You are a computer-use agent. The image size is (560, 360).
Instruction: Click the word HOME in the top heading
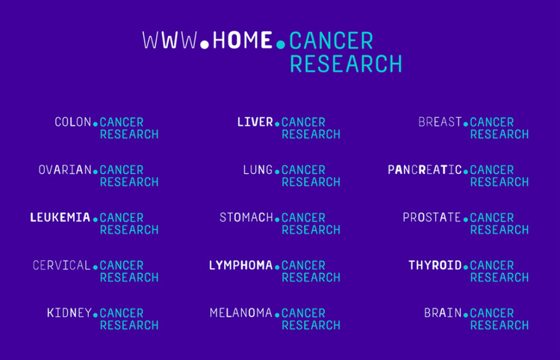tap(242, 40)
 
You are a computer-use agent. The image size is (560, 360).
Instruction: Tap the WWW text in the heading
tap(169, 40)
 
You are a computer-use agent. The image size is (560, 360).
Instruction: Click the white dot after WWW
tap(205, 45)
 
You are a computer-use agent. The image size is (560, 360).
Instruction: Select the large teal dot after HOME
tap(281, 45)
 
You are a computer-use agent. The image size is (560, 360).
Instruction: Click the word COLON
tap(73, 122)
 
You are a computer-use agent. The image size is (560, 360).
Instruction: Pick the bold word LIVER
tap(255, 122)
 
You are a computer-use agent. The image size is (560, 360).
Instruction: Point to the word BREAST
tap(440, 122)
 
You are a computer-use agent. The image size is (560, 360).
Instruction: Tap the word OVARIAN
tap(65, 170)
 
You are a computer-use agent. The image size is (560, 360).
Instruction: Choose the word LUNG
tap(258, 170)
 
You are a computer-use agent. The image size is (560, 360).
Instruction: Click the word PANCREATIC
tap(425, 170)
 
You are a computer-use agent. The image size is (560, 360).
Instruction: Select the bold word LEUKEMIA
tap(60, 217)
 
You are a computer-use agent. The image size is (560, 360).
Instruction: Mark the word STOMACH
tap(246, 217)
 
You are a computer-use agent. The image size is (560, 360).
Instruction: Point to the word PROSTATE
tap(432, 217)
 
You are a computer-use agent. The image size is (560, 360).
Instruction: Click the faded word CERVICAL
tap(61, 265)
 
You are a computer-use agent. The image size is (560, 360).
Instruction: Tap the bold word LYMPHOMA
tap(240, 265)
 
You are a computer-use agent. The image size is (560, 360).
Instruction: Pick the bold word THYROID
tap(435, 265)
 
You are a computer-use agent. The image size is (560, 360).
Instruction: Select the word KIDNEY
tap(69, 313)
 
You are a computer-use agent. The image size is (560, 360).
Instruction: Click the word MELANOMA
tap(241, 313)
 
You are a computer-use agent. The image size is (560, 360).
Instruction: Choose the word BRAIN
tap(443, 313)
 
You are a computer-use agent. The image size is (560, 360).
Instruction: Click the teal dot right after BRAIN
tap(466, 315)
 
